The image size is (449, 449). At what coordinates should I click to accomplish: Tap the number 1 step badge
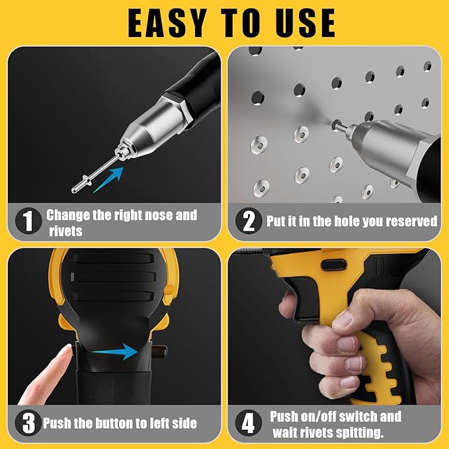[x=28, y=222]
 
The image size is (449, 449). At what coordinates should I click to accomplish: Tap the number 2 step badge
[x=249, y=222]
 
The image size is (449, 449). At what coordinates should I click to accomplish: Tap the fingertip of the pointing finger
[x=63, y=352]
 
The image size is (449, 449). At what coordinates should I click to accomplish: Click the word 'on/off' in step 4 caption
[x=328, y=417]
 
